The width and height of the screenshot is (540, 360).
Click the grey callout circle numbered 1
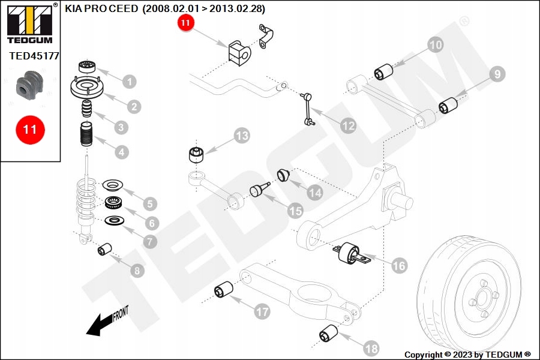[130, 81]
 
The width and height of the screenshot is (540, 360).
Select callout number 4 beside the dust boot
[122, 152]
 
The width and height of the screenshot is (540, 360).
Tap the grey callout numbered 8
[138, 270]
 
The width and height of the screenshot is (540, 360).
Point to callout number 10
[435, 44]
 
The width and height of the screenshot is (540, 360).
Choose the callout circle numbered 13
[241, 136]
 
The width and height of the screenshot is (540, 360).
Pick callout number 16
[399, 265]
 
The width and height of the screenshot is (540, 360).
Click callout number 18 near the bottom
[371, 347]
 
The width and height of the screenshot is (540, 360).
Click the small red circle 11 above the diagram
[185, 23]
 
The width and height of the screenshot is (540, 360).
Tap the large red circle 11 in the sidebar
[29, 129]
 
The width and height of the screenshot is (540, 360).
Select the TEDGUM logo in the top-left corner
[29, 23]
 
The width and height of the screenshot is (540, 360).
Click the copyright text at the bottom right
[467, 355]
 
